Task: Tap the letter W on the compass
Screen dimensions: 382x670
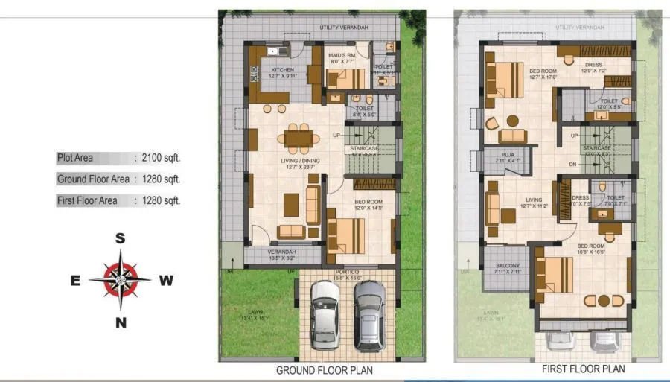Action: tap(167, 281)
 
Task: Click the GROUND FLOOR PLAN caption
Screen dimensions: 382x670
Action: tap(325, 370)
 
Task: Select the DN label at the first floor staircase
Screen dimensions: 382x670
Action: tap(573, 164)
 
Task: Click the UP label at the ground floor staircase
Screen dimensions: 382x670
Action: tap(336, 136)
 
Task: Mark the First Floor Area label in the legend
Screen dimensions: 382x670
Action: tap(87, 201)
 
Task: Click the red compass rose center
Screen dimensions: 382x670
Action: tap(120, 280)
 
